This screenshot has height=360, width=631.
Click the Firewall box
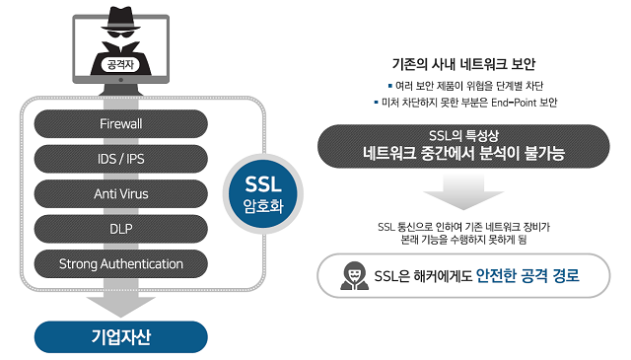[121, 123]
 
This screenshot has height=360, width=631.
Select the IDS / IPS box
[121, 158]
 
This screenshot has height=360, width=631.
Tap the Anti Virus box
[121, 193]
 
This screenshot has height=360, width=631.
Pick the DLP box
[121, 229]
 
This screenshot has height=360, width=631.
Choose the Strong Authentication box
[121, 264]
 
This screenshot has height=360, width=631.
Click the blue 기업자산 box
[121, 336]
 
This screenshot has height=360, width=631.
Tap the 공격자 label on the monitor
[121, 66]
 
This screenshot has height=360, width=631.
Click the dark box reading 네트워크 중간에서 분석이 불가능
[462, 146]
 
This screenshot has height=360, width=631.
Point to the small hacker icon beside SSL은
[349, 276]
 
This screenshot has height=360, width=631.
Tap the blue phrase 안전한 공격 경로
[526, 276]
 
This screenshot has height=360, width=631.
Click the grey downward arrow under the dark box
[462, 193]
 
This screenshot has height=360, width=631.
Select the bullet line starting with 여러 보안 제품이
[462, 83]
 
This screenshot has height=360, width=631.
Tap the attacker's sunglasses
[121, 34]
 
